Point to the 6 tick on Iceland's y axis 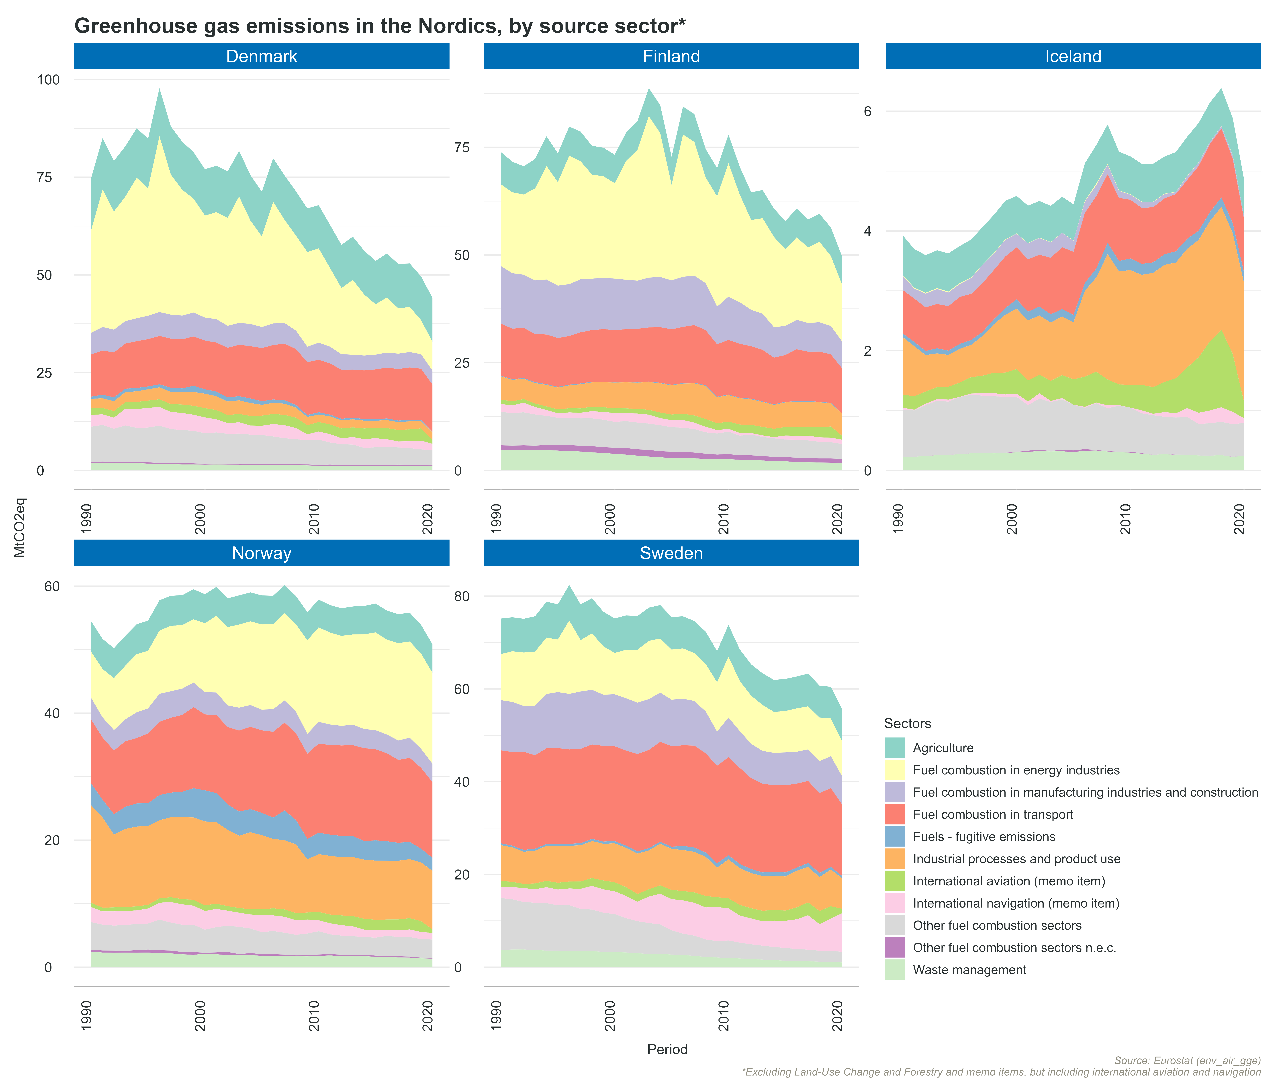click(x=868, y=111)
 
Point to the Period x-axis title click(x=667, y=1050)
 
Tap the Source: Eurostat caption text click(x=1187, y=1061)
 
